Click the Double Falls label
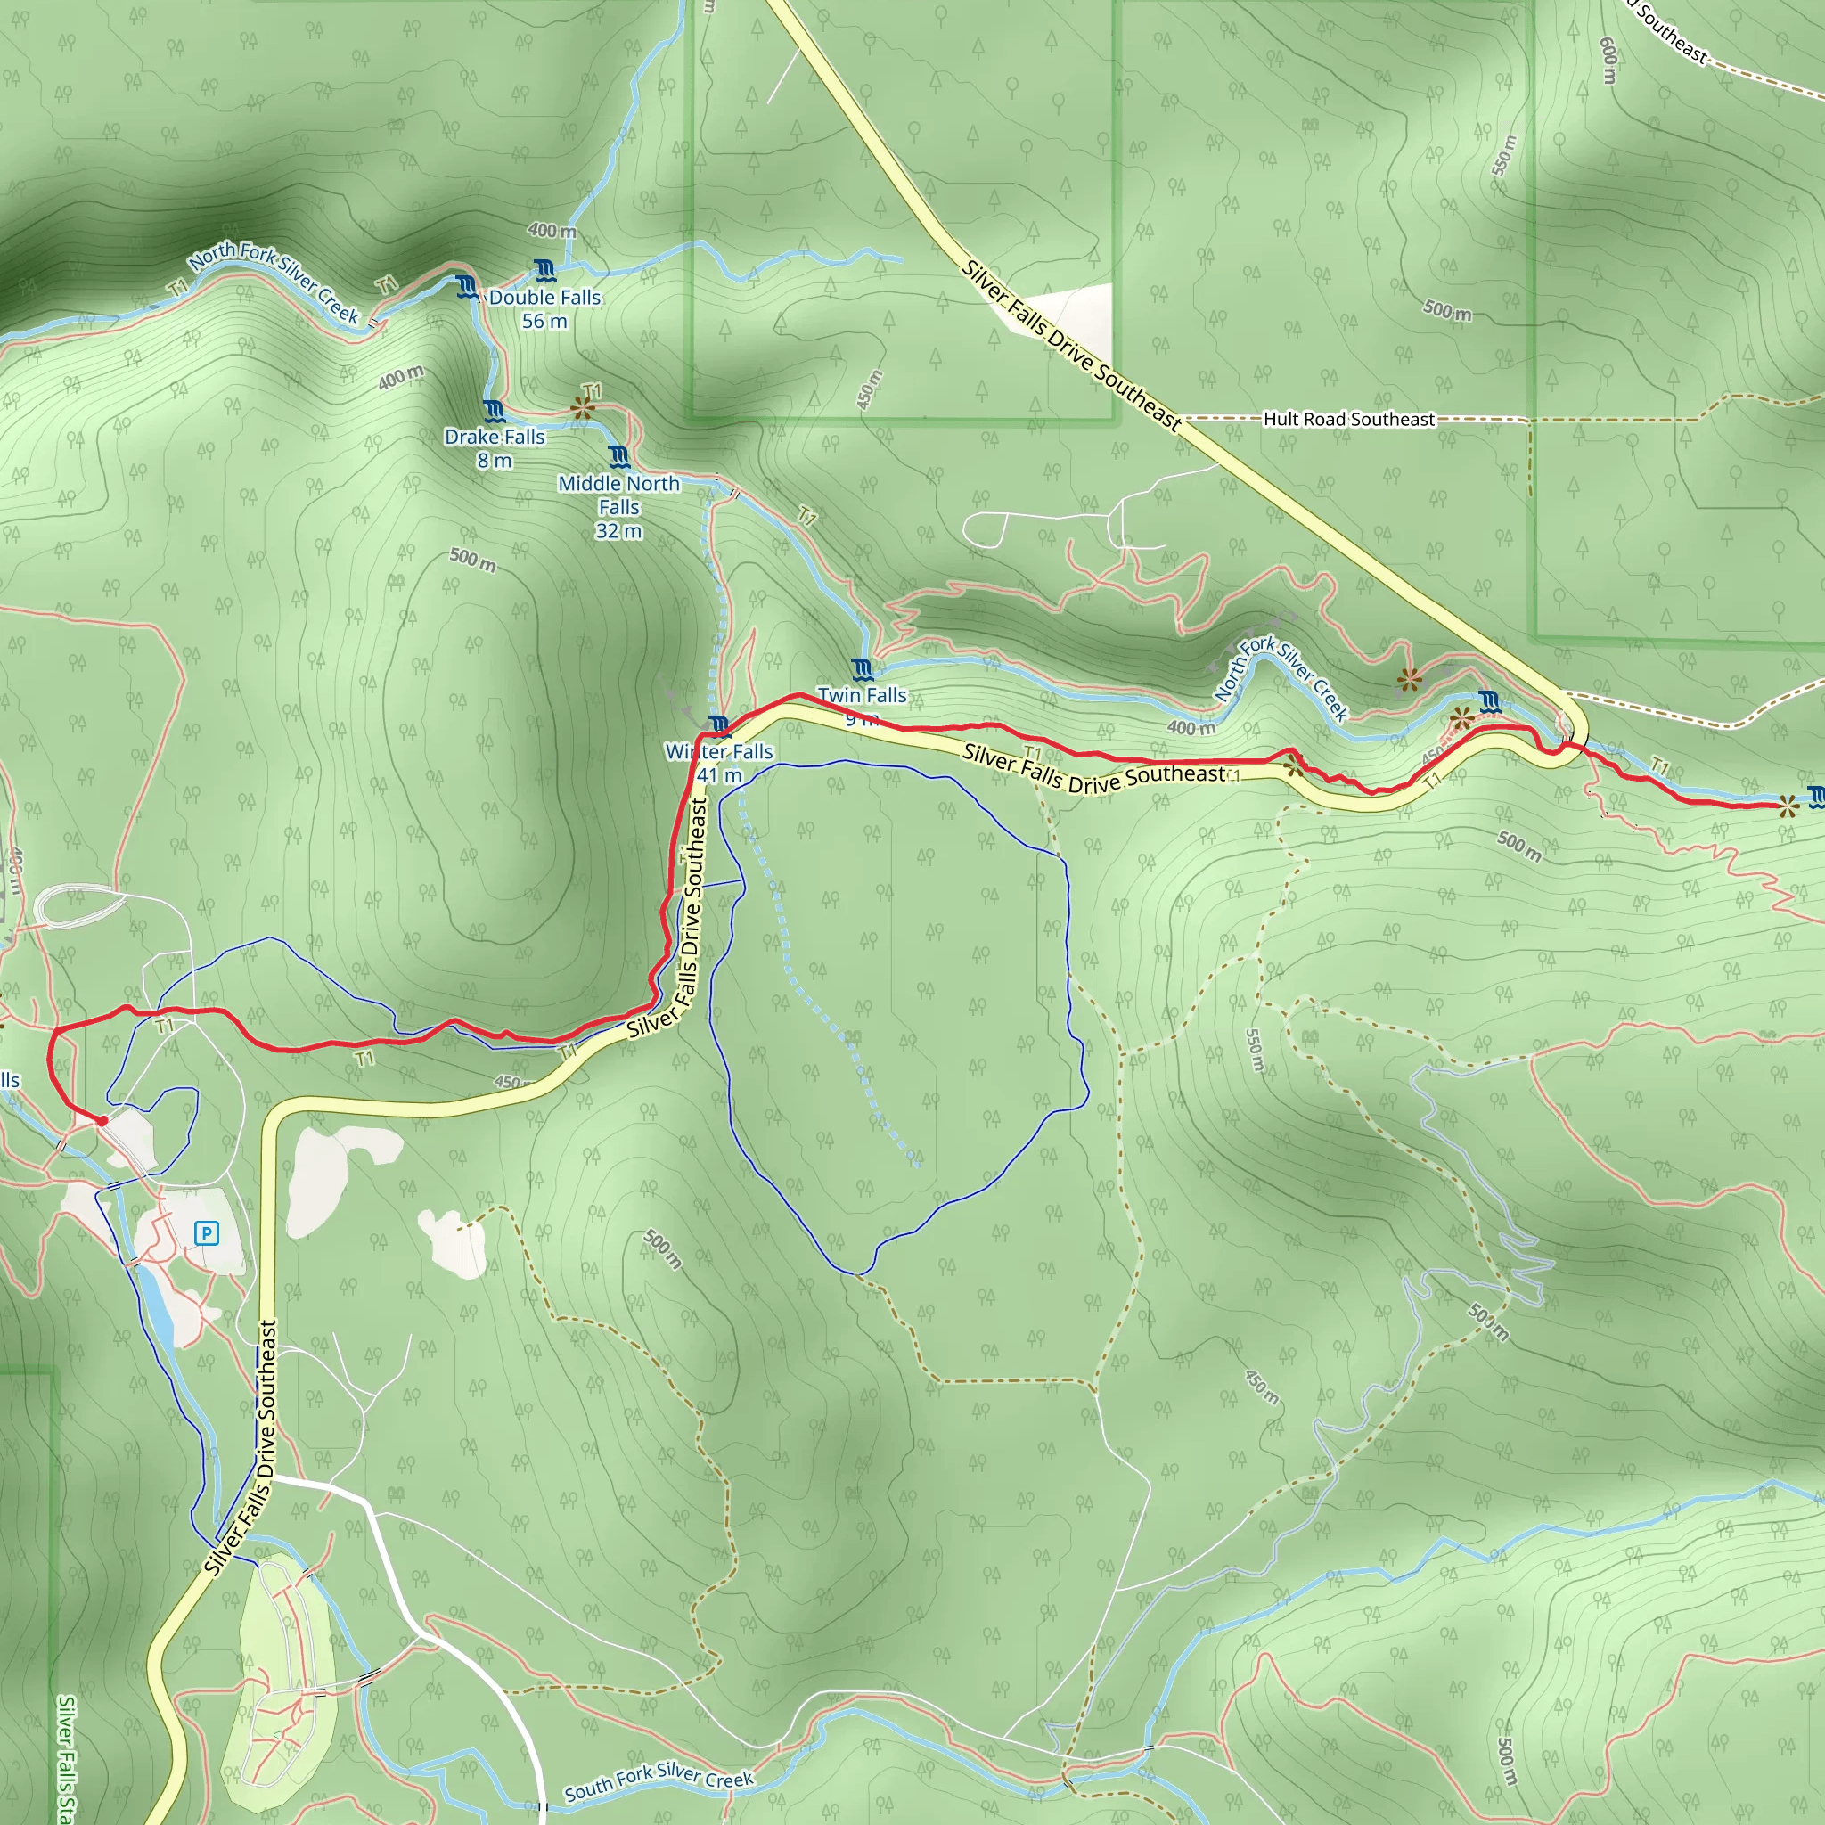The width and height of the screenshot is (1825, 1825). click(545, 309)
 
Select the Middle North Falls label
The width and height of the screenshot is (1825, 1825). click(618, 507)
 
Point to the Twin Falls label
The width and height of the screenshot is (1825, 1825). click(862, 696)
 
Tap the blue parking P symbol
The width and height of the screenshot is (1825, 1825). click(206, 1232)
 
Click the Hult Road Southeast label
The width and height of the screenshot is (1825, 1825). click(1349, 420)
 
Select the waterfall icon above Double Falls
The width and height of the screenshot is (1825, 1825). click(544, 272)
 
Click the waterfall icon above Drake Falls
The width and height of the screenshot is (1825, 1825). click(494, 411)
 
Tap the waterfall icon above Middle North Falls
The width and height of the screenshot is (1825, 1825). click(618, 457)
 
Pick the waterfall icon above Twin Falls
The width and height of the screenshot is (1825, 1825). click(862, 671)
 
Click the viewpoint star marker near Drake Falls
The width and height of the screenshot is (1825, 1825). click(583, 408)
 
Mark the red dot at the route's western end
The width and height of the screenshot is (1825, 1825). click(102, 1120)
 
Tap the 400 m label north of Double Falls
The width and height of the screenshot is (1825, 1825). click(552, 231)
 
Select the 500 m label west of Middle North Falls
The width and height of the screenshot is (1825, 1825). click(472, 560)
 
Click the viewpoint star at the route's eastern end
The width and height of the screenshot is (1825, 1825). click(1788, 806)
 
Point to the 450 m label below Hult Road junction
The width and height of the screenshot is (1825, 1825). click(869, 389)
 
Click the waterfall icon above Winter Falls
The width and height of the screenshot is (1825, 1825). click(720, 726)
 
